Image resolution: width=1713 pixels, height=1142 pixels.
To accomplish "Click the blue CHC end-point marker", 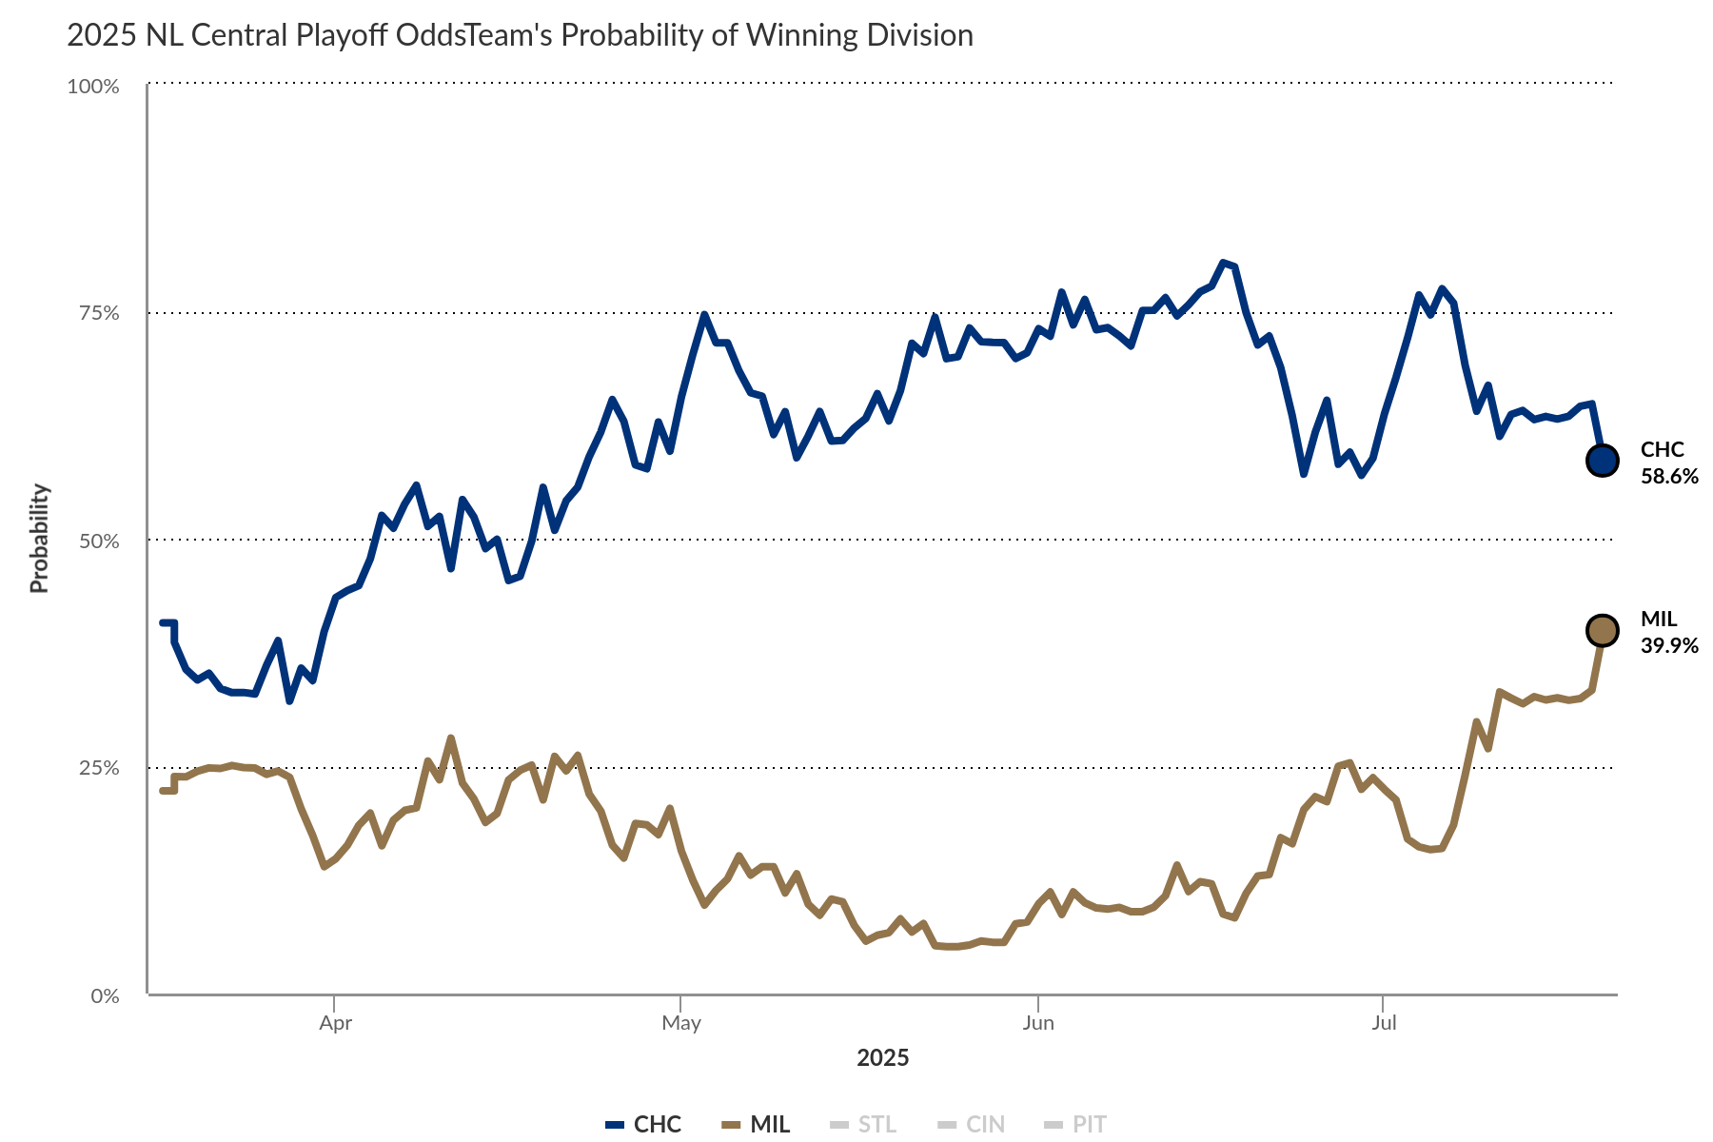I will pyautogui.click(x=1602, y=461).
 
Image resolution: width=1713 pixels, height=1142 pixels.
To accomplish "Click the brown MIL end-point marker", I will pyautogui.click(x=1602, y=630).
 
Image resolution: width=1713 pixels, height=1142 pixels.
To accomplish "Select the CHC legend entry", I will pyautogui.click(x=644, y=1124).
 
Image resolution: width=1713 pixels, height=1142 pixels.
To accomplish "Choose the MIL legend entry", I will pyautogui.click(x=756, y=1124).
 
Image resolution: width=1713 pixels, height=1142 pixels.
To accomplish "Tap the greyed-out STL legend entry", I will pyautogui.click(x=863, y=1124).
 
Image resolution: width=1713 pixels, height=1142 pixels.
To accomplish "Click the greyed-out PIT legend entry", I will pyautogui.click(x=1075, y=1124).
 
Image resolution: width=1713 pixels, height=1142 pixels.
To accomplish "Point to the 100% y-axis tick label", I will pyautogui.click(x=93, y=87).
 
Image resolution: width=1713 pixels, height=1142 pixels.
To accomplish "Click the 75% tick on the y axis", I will pyautogui.click(x=98, y=313).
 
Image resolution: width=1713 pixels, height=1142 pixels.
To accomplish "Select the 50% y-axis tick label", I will pyautogui.click(x=98, y=541).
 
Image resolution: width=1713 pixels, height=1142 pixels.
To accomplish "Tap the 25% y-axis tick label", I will pyautogui.click(x=98, y=768).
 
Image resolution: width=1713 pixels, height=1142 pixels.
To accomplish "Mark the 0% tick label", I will pyautogui.click(x=105, y=995).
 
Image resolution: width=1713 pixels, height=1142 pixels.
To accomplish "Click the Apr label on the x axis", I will pyautogui.click(x=335, y=1023).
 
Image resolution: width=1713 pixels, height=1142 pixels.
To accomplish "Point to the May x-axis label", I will pyautogui.click(x=681, y=1023).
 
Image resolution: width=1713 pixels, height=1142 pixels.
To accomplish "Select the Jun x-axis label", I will pyautogui.click(x=1037, y=1023).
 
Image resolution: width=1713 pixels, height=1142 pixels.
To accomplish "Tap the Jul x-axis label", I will pyautogui.click(x=1384, y=1023).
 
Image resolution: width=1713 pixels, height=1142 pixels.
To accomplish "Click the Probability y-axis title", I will pyautogui.click(x=39, y=539).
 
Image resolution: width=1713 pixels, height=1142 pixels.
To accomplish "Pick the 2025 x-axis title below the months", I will pyautogui.click(x=882, y=1057).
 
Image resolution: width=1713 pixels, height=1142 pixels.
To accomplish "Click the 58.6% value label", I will pyautogui.click(x=1669, y=476).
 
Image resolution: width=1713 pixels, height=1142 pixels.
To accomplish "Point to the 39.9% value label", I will pyautogui.click(x=1669, y=645).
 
